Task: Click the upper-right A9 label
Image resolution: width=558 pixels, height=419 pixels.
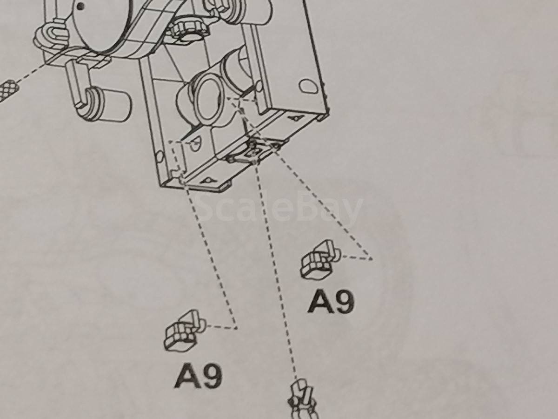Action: [x=331, y=302]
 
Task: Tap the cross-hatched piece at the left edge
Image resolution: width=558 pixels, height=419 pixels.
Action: [x=8, y=90]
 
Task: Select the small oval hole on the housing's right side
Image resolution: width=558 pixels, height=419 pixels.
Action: [x=309, y=86]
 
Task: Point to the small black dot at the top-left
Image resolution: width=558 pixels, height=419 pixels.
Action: [x=80, y=5]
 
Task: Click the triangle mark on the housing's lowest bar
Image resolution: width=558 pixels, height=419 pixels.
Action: [x=208, y=180]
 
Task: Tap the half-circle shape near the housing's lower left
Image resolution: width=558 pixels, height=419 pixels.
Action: [x=196, y=144]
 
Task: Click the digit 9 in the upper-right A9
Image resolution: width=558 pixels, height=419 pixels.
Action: [x=343, y=302]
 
